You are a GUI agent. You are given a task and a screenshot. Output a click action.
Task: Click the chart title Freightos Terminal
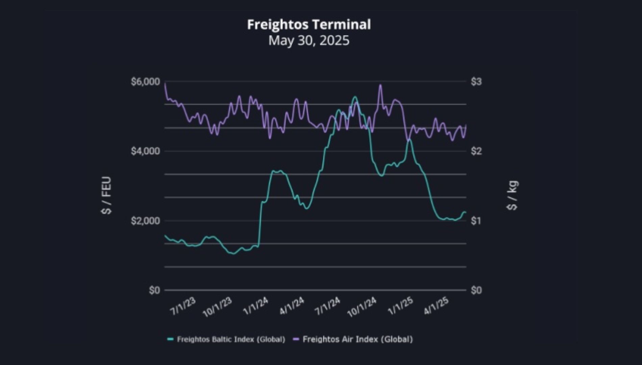point(309,24)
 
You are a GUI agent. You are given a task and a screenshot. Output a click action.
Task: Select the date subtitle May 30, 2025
point(309,41)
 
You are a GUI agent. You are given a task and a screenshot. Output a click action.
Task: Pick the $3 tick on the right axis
point(476,82)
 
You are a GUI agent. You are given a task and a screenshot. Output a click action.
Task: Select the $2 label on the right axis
point(476,151)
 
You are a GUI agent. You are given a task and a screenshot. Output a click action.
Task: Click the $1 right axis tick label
point(476,221)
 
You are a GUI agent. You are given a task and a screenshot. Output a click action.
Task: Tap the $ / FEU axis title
point(106,195)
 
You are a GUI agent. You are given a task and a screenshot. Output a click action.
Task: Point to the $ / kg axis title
point(513,195)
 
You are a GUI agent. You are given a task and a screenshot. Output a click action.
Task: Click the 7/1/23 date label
point(183,306)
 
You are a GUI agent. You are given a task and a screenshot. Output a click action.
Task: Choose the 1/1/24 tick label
point(256,306)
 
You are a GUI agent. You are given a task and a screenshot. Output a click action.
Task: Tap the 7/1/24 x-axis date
point(328,306)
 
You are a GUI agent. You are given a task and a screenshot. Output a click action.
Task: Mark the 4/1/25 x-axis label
point(437,306)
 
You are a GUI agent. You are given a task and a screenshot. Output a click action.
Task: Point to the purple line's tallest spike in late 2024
point(380,85)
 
